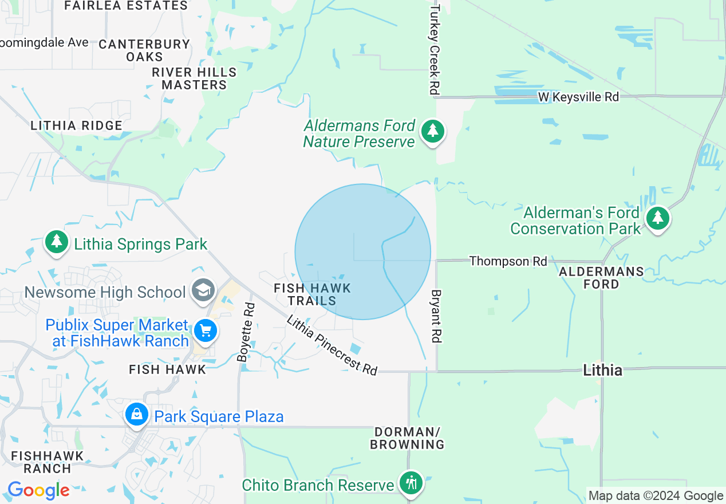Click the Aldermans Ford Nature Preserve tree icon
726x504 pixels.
(433, 132)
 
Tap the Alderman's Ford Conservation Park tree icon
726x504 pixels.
(658, 219)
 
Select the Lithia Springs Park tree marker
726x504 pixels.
(56, 242)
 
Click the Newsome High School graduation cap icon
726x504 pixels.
(203, 291)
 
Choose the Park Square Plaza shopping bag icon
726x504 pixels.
(137, 414)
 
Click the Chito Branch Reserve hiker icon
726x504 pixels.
(410, 483)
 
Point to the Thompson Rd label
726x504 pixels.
(508, 261)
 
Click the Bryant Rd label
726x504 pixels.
(436, 317)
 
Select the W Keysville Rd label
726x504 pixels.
(578, 97)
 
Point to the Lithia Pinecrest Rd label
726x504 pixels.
(333, 345)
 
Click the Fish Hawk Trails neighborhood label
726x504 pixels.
(312, 294)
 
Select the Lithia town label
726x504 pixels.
(602, 370)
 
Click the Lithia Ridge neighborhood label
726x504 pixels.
(76, 125)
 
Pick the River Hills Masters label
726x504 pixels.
(194, 78)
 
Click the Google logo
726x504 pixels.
(38, 490)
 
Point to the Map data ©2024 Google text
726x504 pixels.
(656, 496)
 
